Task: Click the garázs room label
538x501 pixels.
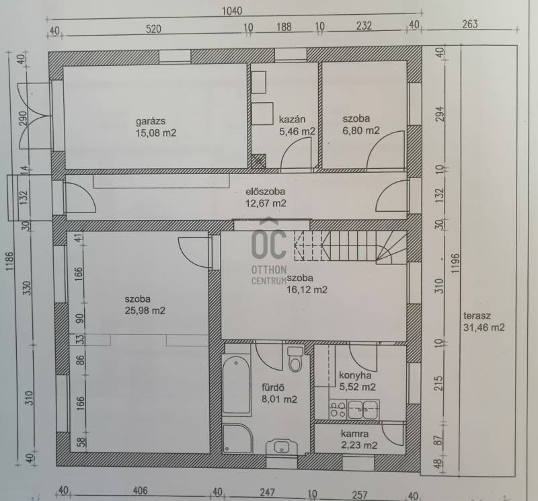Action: tap(150, 121)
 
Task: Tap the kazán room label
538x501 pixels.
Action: tap(292, 120)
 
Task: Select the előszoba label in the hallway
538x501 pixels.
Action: tap(265, 192)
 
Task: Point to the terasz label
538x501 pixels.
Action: tap(477, 315)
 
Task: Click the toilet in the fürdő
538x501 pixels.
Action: tap(295, 359)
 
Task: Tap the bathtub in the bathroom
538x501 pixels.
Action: tap(236, 385)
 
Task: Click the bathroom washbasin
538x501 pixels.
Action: tap(281, 447)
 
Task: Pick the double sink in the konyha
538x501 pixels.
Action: tap(363, 410)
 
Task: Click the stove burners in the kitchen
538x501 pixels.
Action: tap(338, 410)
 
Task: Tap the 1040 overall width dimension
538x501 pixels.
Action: tap(232, 11)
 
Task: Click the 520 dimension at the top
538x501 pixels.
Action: tap(153, 29)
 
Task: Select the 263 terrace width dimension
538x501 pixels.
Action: tap(469, 24)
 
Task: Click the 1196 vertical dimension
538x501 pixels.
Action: tap(455, 263)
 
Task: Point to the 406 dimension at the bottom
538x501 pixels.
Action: tap(141, 491)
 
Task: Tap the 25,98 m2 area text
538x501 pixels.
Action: tap(145, 311)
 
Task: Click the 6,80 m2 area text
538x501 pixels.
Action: tap(361, 130)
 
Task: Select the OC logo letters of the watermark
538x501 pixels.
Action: tap(268, 243)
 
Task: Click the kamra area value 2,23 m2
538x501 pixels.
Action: tap(359, 445)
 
